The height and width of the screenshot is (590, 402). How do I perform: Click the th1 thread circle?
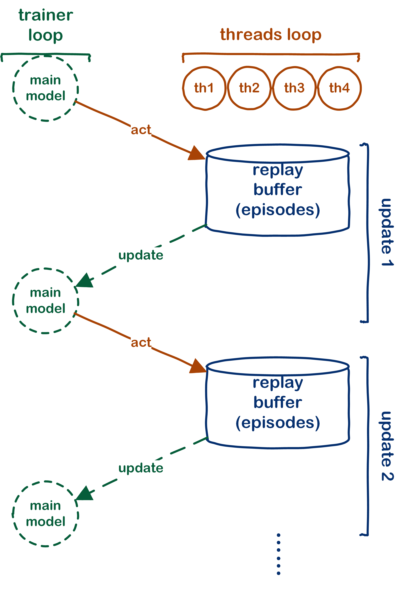click(204, 88)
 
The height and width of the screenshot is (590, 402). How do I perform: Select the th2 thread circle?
click(249, 88)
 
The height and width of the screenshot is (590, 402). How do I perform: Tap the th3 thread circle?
click(294, 88)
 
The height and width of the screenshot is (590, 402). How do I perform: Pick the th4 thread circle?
click(339, 88)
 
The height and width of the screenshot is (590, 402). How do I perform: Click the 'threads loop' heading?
click(271, 35)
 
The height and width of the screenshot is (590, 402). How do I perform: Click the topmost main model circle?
click(45, 88)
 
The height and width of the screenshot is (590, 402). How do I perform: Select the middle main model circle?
click(45, 301)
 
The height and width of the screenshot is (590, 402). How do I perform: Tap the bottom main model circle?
click(45, 513)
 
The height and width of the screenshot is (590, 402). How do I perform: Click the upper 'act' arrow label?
click(141, 130)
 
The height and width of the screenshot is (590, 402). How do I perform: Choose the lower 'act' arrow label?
click(141, 343)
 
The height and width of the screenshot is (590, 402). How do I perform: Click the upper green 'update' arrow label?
click(141, 255)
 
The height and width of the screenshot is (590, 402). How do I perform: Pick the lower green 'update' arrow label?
click(141, 468)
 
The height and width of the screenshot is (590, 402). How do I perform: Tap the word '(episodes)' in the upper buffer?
click(278, 210)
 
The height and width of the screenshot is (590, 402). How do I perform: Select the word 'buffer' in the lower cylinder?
click(278, 403)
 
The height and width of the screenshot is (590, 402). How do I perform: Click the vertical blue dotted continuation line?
click(279, 554)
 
